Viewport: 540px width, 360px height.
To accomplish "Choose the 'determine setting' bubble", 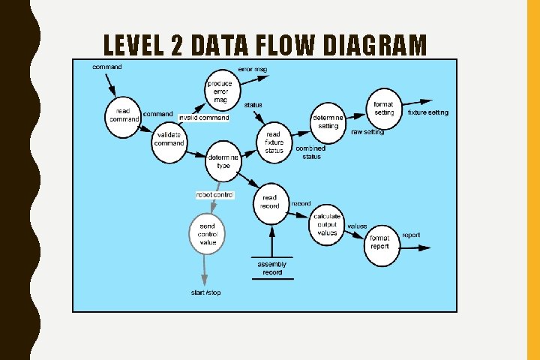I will click(x=328, y=121).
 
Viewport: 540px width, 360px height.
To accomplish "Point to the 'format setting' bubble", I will click(x=384, y=109).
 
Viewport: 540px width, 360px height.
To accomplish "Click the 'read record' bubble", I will click(x=270, y=202).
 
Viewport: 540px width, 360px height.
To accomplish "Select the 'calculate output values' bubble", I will click(x=327, y=223).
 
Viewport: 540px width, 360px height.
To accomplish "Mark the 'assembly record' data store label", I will click(x=271, y=268).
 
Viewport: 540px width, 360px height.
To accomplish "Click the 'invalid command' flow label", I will click(x=204, y=118).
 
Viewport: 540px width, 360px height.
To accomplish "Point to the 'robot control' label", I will click(x=215, y=195).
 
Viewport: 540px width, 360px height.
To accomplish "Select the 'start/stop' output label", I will click(x=205, y=292).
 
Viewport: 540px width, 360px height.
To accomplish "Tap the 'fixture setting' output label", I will click(x=428, y=112).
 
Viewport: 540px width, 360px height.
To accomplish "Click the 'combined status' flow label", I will click(x=311, y=152).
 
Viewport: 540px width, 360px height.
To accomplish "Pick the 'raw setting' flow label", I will click(x=367, y=132).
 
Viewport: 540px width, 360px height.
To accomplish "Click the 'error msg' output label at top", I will click(x=252, y=69).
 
